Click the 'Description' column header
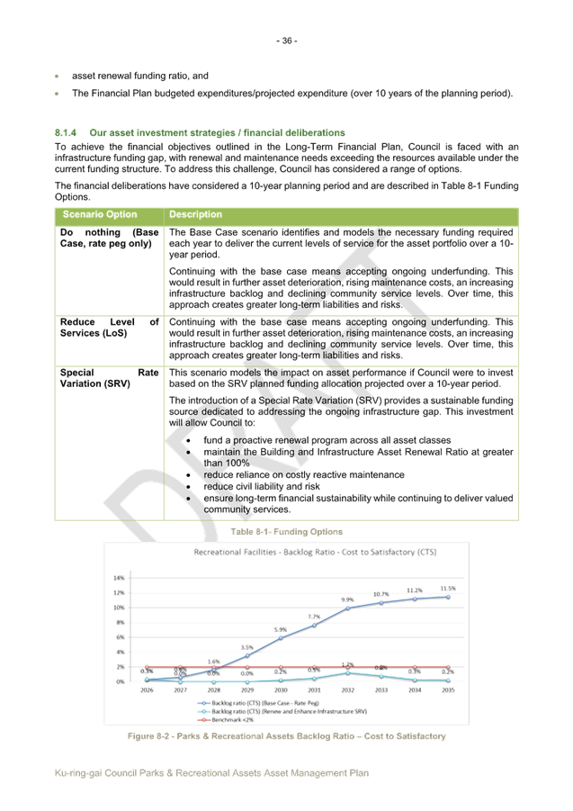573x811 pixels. (195, 215)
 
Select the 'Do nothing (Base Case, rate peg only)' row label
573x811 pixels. (109, 238)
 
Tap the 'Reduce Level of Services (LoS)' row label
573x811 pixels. (109, 327)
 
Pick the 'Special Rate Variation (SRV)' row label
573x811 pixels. (109, 377)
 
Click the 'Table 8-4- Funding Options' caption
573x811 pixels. (285, 532)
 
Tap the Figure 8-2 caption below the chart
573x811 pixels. (286, 736)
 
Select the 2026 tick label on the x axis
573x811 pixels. (146, 690)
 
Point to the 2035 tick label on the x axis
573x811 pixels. (448, 690)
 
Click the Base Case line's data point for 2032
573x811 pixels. (348, 608)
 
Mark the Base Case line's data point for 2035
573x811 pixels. (448, 596)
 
